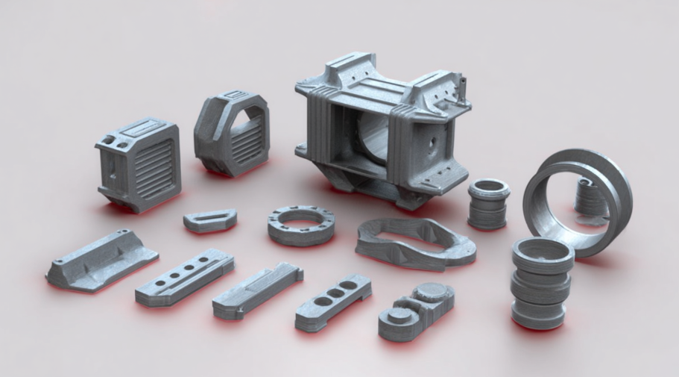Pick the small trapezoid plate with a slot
point(209,219)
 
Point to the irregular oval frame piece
point(414,243)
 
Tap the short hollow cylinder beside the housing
point(488,203)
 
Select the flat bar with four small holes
point(184,277)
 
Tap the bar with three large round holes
point(332,301)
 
